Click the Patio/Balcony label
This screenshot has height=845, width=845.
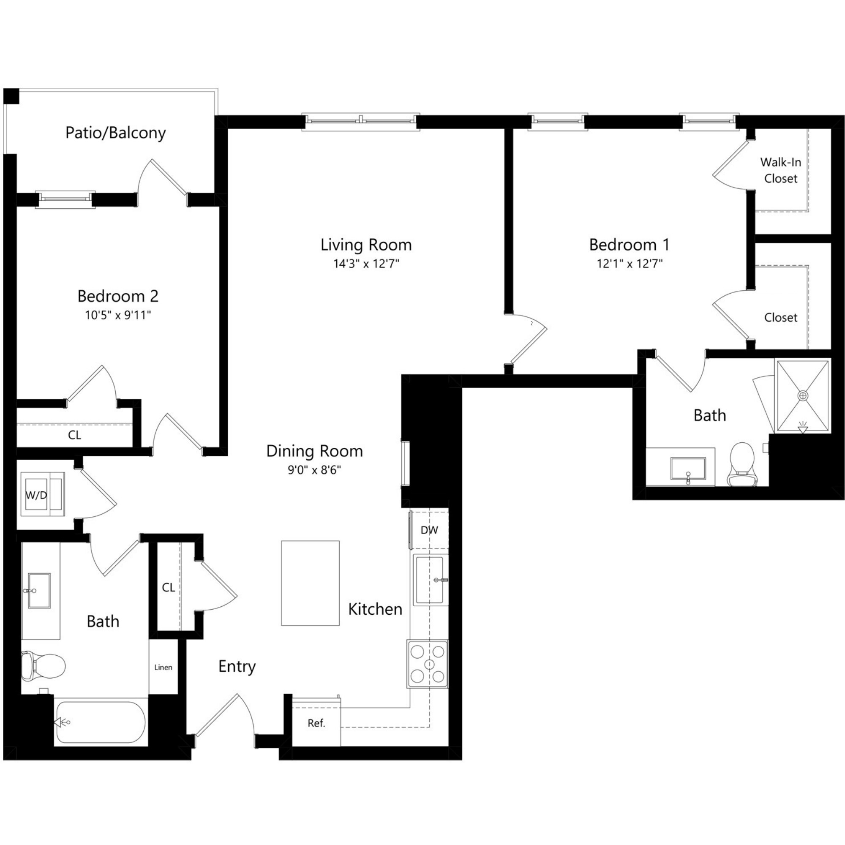115,133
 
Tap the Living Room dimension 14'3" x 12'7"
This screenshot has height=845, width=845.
366,264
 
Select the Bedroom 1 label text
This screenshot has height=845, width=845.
629,245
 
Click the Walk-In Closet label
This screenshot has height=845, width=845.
781,171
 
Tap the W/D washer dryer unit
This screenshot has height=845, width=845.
42,494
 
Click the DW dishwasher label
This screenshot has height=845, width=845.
429,530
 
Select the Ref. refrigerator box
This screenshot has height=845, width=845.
316,723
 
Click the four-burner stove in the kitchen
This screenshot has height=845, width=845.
427,664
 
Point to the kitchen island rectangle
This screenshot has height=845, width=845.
310,583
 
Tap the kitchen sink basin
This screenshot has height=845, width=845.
430,580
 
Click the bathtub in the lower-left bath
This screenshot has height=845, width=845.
101,722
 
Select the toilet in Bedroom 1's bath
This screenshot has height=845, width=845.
742,465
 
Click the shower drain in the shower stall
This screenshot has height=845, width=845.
803,396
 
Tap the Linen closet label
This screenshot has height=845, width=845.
163,668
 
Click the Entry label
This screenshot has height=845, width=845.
237,666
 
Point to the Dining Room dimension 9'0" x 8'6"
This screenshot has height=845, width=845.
314,470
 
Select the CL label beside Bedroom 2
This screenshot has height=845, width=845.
74,435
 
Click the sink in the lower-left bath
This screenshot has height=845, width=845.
39,591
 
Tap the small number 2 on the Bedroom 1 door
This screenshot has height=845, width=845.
532,324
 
